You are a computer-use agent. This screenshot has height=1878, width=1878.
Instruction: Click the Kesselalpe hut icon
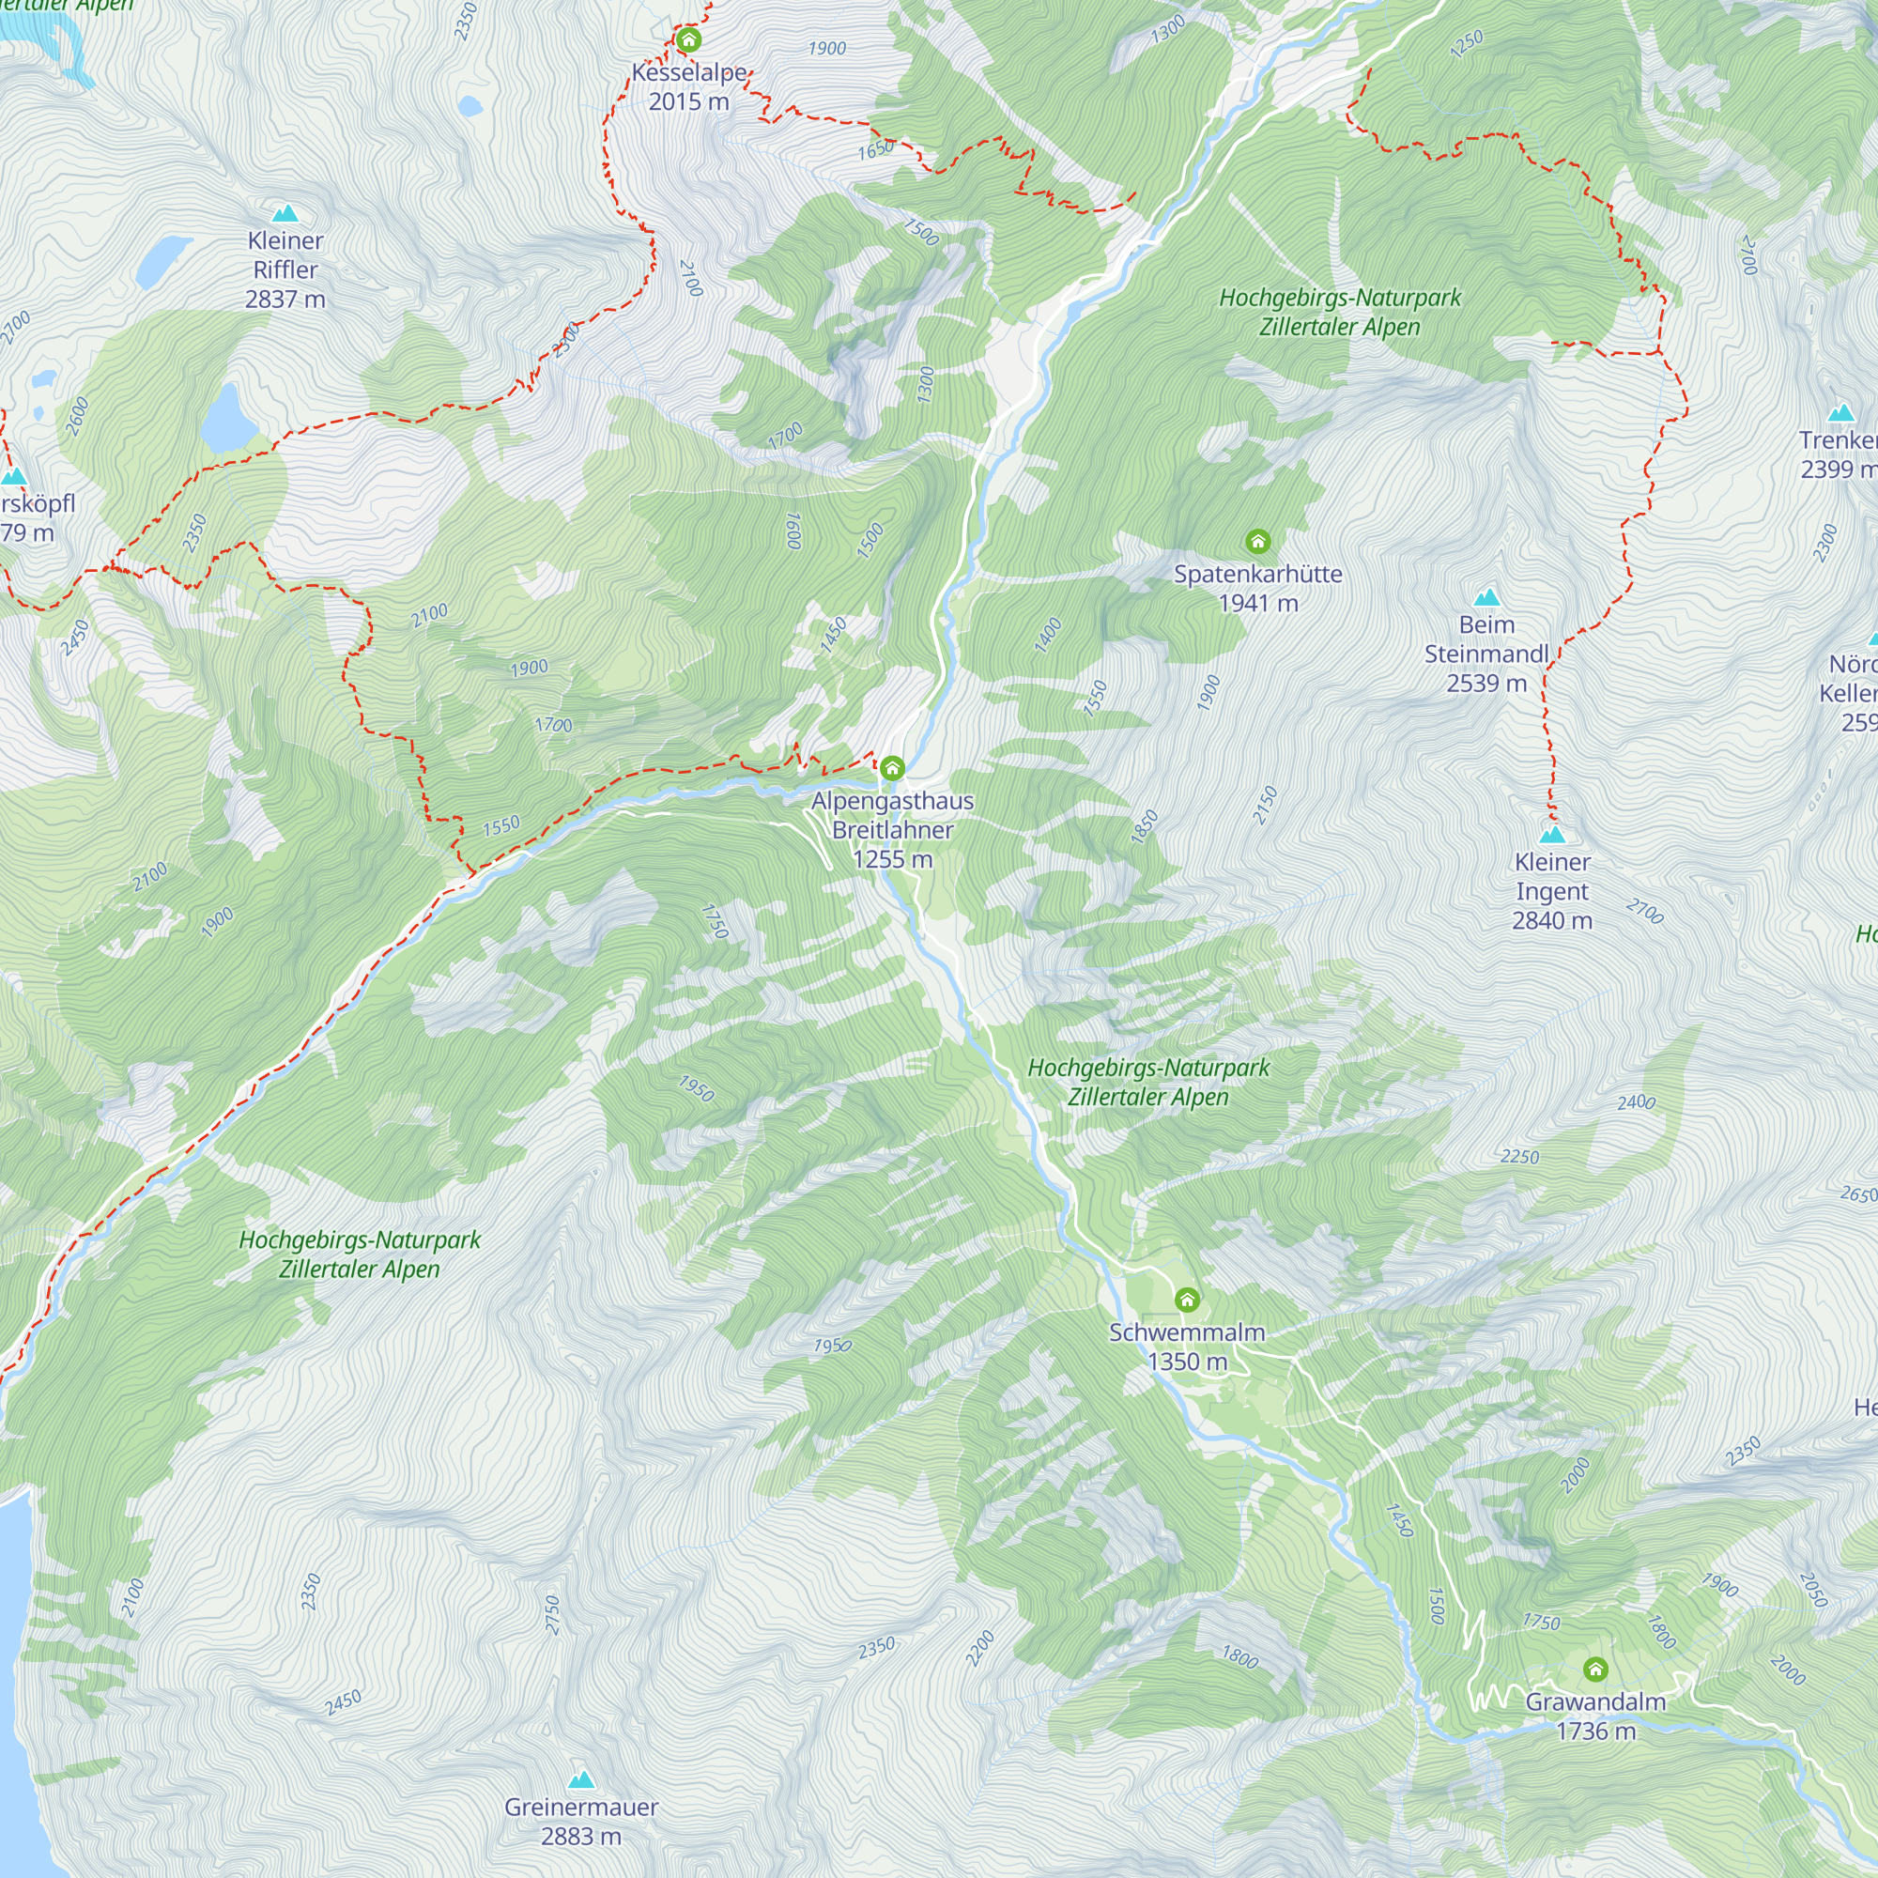[x=688, y=39]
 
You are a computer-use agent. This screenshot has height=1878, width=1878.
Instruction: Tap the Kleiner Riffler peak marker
[x=285, y=213]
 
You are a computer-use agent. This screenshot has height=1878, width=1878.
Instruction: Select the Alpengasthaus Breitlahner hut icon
[x=892, y=769]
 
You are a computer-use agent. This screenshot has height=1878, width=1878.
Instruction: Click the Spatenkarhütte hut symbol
[x=1258, y=542]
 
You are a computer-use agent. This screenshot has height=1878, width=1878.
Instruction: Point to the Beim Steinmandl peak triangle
[x=1486, y=597]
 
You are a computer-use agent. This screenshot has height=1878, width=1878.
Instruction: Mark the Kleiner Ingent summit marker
[x=1552, y=834]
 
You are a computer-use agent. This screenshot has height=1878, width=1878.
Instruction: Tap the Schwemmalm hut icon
[x=1187, y=1300]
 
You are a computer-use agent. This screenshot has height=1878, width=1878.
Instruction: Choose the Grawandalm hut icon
[x=1595, y=1670]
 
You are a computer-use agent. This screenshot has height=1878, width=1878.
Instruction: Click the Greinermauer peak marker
[x=581, y=1779]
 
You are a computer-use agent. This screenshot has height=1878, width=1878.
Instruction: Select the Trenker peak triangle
[x=1841, y=413]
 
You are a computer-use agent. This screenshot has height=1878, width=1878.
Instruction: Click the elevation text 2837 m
[x=285, y=300]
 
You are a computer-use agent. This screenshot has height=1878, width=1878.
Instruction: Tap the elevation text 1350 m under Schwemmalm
[x=1187, y=1362]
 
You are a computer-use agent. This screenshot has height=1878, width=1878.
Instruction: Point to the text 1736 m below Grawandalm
[x=1595, y=1732]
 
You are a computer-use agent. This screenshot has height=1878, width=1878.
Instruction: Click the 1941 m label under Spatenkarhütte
[x=1258, y=604]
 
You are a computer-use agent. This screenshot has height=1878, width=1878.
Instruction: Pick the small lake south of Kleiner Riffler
[x=224, y=419]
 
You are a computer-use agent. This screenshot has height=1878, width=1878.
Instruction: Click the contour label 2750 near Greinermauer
[x=551, y=1614]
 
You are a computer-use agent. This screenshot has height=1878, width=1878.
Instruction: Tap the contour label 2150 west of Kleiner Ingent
[x=1264, y=806]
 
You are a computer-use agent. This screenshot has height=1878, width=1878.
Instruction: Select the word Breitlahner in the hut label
[x=892, y=830]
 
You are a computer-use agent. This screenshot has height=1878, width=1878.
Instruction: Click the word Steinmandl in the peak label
[x=1486, y=654]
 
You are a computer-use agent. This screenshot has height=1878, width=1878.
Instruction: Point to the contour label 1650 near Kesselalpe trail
[x=876, y=150]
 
